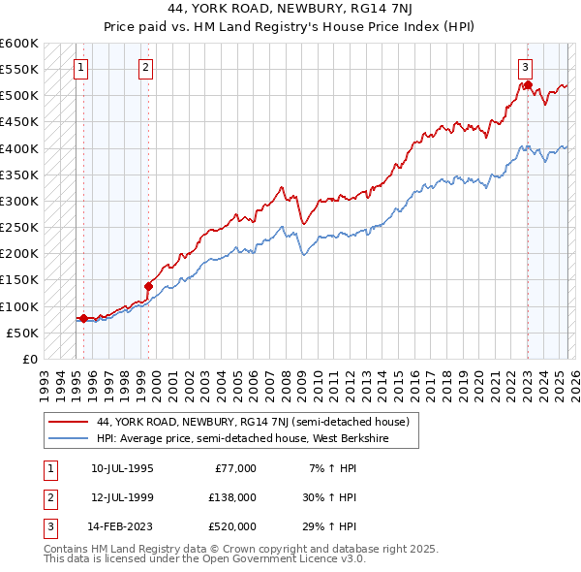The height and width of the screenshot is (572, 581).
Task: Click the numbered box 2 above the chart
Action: (x=144, y=67)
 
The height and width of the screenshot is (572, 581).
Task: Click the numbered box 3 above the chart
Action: (x=524, y=67)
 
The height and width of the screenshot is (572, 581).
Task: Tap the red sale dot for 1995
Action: (x=83, y=318)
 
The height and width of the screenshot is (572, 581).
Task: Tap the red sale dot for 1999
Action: (x=148, y=286)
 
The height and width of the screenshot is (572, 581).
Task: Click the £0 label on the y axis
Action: (x=29, y=359)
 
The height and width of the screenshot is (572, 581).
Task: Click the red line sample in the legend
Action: (x=68, y=422)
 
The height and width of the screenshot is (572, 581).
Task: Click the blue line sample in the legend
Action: (x=68, y=437)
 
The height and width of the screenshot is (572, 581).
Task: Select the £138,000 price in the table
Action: (x=232, y=496)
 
